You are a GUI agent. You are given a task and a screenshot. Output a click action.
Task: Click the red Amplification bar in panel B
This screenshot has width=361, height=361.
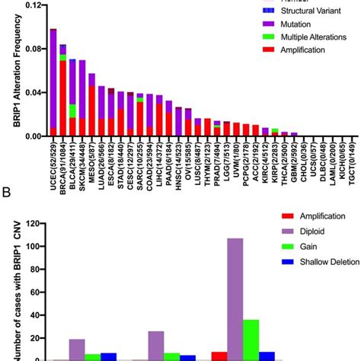[219, 356]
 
